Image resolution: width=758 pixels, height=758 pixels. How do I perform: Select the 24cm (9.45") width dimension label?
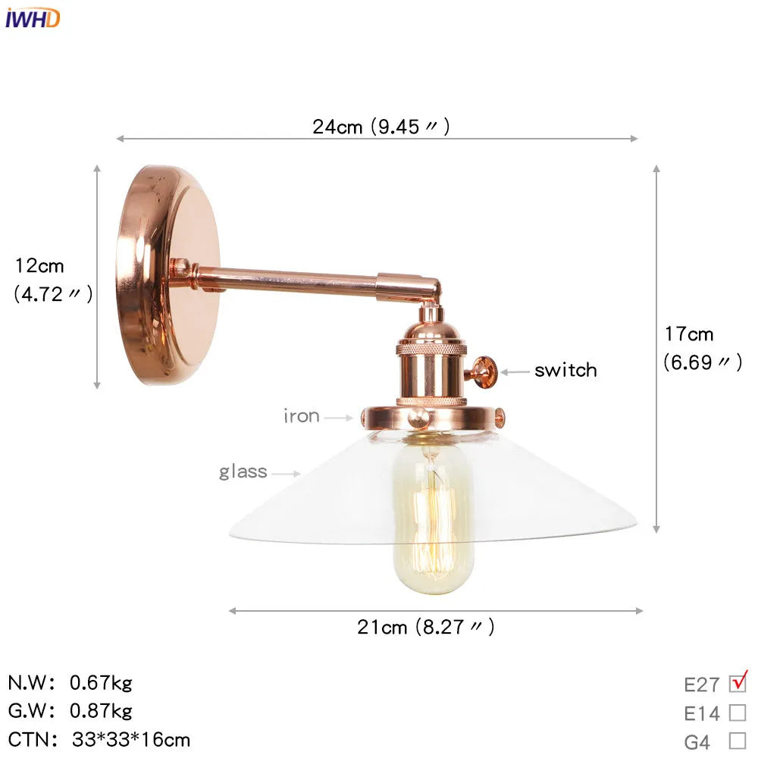tap(381, 127)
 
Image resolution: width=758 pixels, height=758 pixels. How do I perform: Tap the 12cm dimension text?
tap(39, 266)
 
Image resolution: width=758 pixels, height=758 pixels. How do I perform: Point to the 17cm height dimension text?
tap(689, 334)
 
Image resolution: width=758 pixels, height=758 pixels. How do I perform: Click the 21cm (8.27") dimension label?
tap(425, 627)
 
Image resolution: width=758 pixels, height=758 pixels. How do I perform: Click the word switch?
tap(565, 371)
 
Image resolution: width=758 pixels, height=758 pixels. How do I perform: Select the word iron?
tap(301, 416)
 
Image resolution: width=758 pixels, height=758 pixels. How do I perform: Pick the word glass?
tap(243, 472)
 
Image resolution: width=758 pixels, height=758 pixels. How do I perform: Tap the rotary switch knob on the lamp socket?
tap(482, 371)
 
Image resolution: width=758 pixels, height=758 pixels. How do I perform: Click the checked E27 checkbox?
tap(738, 683)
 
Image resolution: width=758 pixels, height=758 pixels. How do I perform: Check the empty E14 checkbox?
tap(738, 713)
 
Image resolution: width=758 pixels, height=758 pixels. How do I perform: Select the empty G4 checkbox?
tap(738, 741)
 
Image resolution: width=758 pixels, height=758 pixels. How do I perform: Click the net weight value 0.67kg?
tap(101, 683)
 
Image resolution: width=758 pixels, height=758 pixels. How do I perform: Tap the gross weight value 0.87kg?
tap(101, 711)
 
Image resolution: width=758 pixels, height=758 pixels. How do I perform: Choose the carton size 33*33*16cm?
tap(131, 739)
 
